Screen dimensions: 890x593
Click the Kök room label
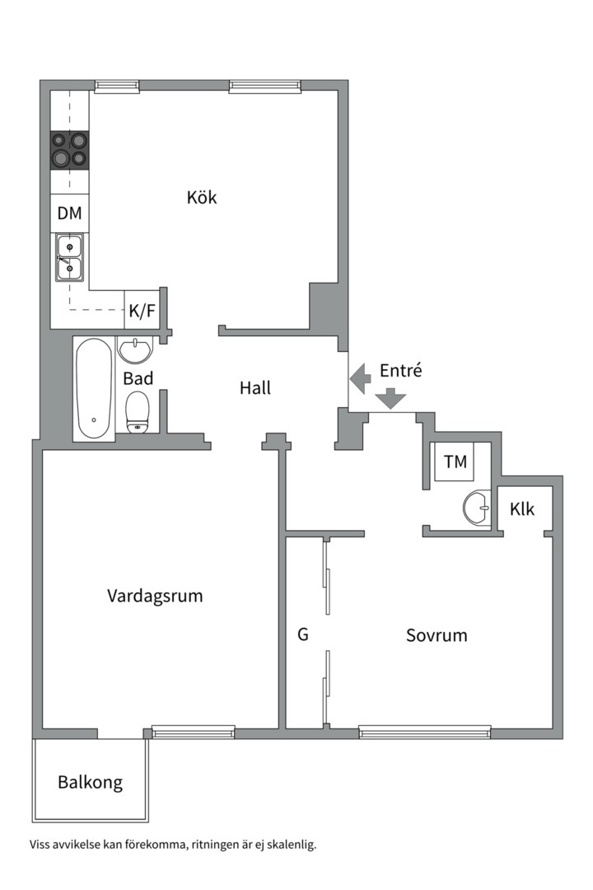pyautogui.click(x=202, y=198)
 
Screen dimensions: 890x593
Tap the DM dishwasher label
pyautogui.click(x=70, y=213)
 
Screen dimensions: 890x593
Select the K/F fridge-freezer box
pyautogui.click(x=141, y=311)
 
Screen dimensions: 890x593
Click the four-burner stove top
pyautogui.click(x=70, y=150)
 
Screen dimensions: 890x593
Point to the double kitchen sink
pyautogui.click(x=70, y=256)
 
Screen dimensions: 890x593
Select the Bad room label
pyautogui.click(x=138, y=379)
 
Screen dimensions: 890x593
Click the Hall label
pyautogui.click(x=255, y=387)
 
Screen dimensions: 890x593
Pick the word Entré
pyautogui.click(x=400, y=371)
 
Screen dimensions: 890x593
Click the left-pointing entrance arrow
pyautogui.click(x=360, y=378)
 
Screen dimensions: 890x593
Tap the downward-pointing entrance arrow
pyautogui.click(x=390, y=400)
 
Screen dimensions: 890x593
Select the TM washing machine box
pyautogui.click(x=455, y=462)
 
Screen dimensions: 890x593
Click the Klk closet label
pyautogui.click(x=522, y=509)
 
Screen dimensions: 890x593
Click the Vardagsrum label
pyautogui.click(x=155, y=596)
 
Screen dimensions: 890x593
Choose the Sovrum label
pyautogui.click(x=437, y=635)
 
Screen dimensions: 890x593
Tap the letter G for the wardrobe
pyautogui.click(x=303, y=635)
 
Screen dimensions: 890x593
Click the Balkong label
pyautogui.click(x=90, y=782)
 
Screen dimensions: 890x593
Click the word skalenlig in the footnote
pyautogui.click(x=291, y=845)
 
